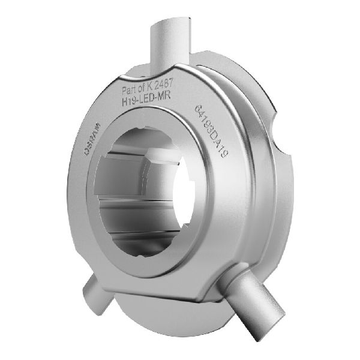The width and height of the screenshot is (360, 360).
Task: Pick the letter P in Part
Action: tap(124, 89)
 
